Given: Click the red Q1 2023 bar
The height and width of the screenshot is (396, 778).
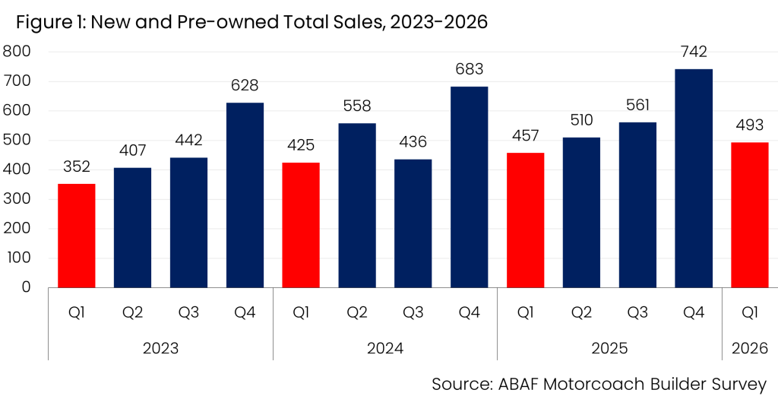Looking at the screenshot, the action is click(x=77, y=236).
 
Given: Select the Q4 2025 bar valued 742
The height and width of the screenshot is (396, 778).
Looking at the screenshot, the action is click(x=694, y=178).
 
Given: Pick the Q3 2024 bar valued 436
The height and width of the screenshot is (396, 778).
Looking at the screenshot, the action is click(x=413, y=223).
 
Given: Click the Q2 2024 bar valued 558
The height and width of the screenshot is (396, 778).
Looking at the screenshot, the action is click(x=357, y=205).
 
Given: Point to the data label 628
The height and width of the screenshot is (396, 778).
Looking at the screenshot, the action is click(x=245, y=86).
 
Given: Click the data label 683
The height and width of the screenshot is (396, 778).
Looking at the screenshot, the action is click(x=469, y=69).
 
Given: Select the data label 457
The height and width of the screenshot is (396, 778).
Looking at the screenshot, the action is click(x=525, y=135).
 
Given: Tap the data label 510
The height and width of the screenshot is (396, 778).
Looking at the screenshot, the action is click(x=581, y=120).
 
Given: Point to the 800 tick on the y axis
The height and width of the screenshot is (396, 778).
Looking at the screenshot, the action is click(x=17, y=52).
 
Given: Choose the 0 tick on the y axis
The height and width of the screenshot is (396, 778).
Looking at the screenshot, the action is click(x=26, y=287).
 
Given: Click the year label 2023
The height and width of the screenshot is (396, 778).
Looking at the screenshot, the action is click(x=160, y=348).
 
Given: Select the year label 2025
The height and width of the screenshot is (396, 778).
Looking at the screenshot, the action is click(x=609, y=348).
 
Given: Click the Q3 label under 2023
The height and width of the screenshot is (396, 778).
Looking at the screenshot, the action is click(x=188, y=312).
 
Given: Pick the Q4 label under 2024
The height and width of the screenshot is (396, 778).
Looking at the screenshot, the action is click(x=469, y=312).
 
